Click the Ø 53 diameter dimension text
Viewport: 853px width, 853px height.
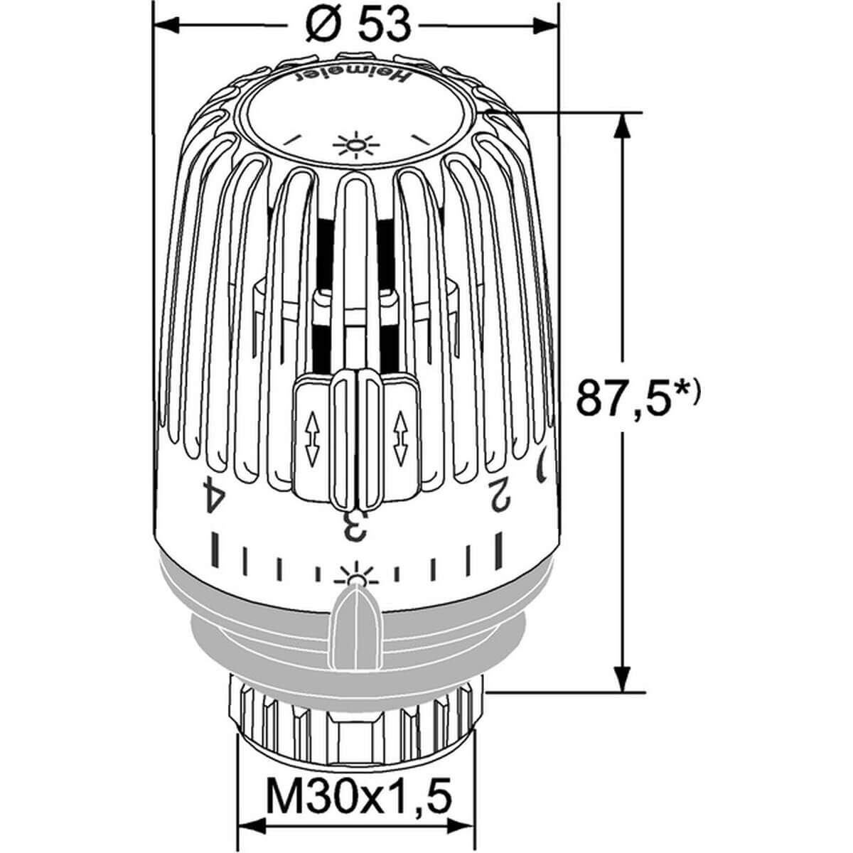(358, 26)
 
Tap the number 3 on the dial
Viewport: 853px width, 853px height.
(354, 525)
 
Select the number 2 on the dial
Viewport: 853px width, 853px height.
(500, 495)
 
